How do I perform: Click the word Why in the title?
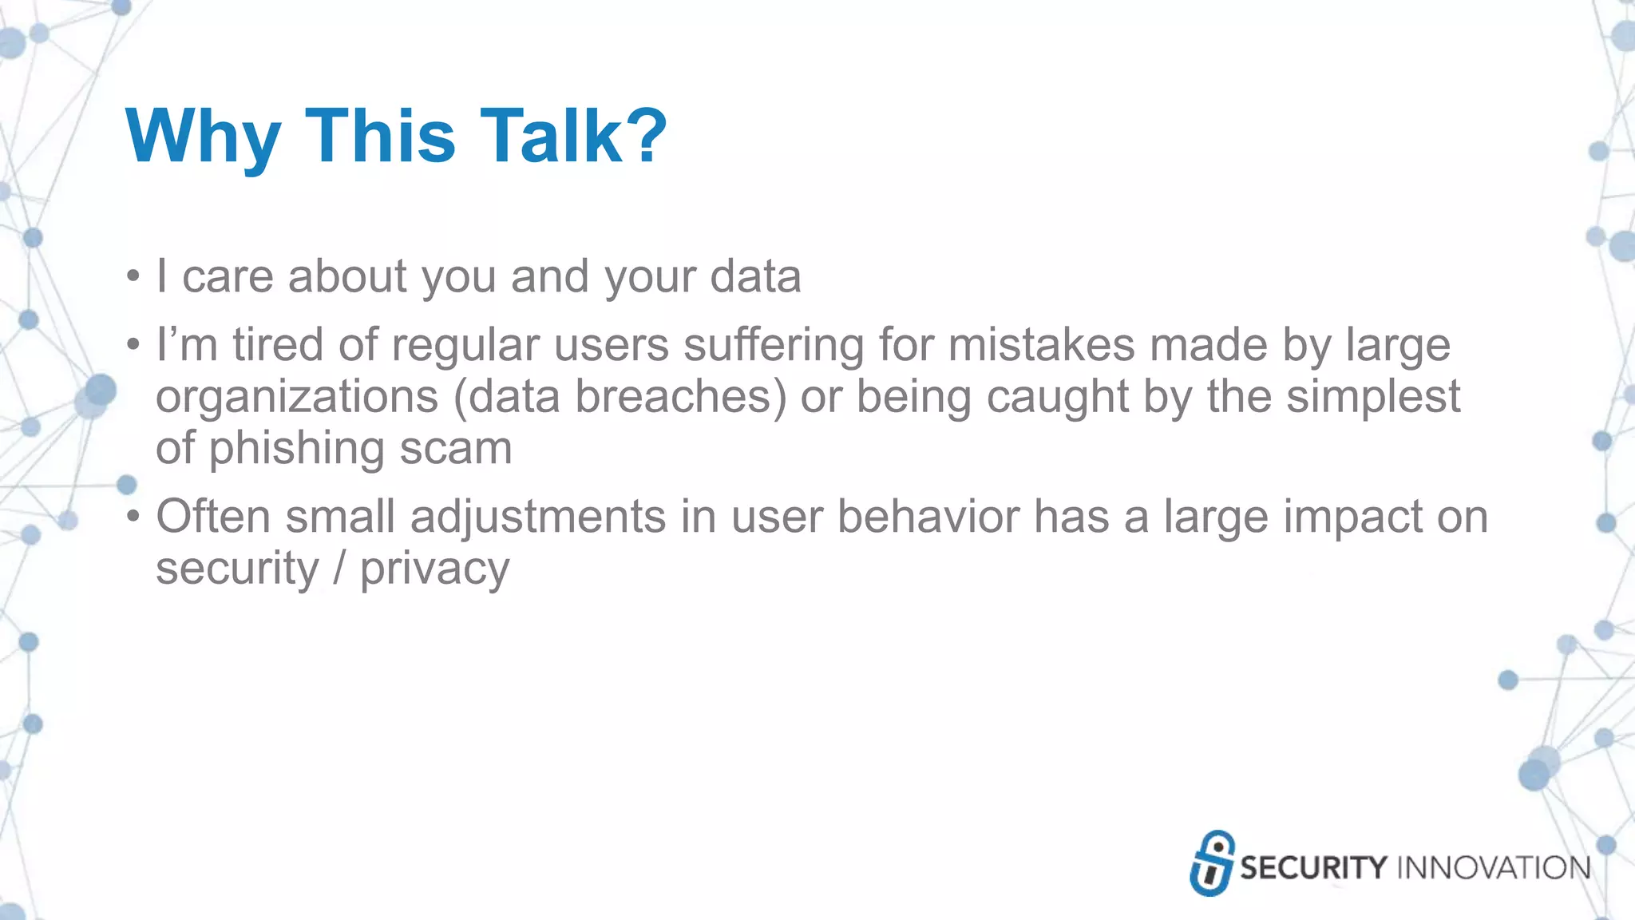[x=203, y=137]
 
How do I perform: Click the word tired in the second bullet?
[x=277, y=345]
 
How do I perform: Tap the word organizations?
[x=297, y=398]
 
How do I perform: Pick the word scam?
[x=456, y=449]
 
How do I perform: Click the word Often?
[x=212, y=516]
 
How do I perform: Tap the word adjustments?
[x=538, y=517]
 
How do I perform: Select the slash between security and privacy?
[x=339, y=569]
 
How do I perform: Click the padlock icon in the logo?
[x=1212, y=863]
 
